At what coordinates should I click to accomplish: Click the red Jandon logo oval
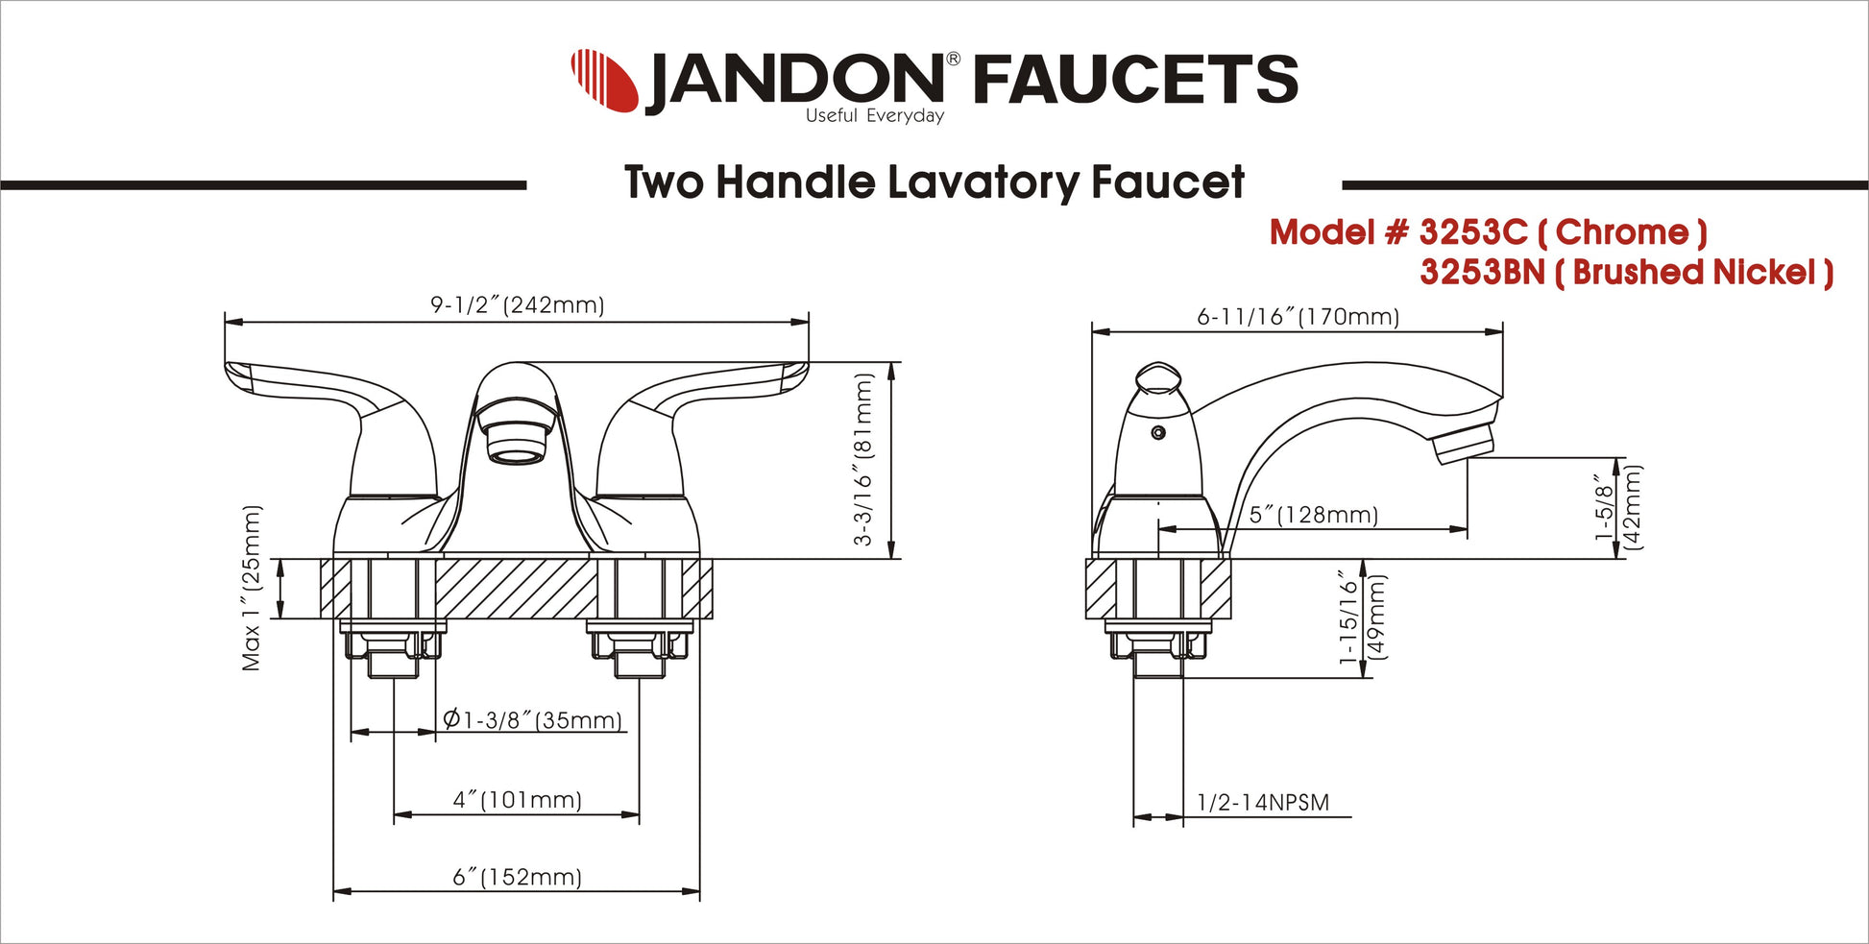605,80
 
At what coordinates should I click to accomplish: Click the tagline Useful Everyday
875,116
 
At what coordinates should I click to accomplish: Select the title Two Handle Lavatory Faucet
934,182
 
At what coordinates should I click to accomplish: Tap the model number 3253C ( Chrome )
1488,232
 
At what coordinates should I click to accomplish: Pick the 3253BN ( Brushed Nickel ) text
1627,273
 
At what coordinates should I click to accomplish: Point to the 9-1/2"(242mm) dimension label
518,305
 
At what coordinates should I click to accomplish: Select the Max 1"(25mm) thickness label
252,588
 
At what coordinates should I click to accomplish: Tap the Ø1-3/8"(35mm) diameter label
533,719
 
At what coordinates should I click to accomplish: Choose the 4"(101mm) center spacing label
518,800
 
